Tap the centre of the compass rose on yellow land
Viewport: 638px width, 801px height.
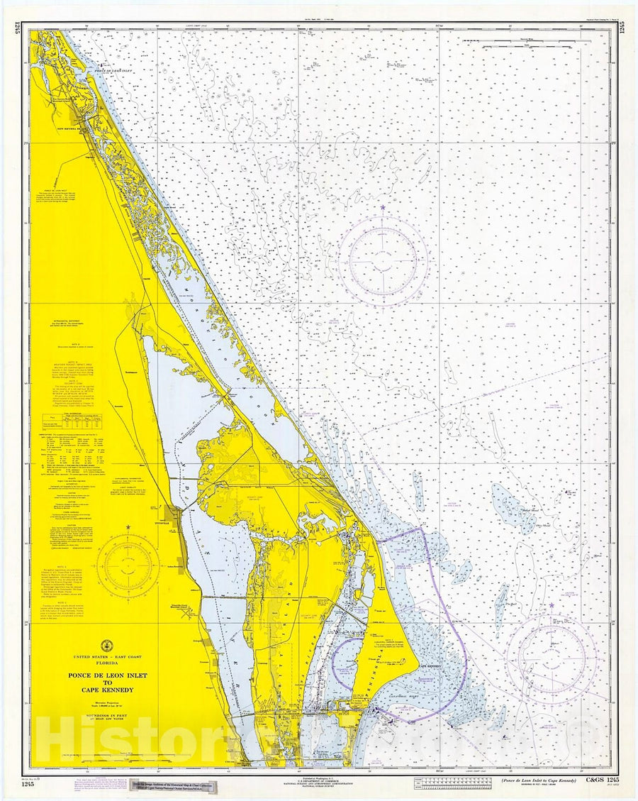coord(128,565)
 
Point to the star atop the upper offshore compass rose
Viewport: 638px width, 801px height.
coord(383,208)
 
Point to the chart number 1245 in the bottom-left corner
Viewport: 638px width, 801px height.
coord(26,783)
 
